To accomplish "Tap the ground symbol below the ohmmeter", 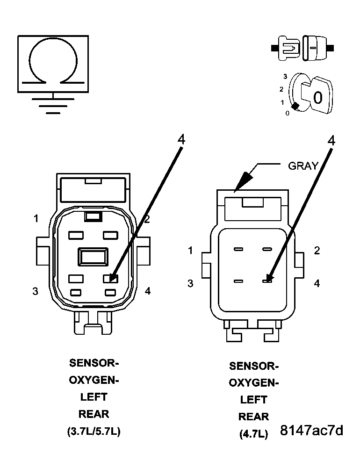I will coord(53,105).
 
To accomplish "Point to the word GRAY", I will coord(303,166).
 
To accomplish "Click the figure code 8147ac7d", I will coord(311,430).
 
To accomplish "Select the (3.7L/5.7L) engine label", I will coord(94,432).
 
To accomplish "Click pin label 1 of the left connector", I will coord(36,218).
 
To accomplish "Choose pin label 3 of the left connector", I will coord(36,291).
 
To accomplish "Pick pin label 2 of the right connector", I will coord(317,251).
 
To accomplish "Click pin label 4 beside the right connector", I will coord(317,283).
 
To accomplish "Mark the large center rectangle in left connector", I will coord(93,257).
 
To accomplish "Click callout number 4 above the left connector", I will coord(181,139).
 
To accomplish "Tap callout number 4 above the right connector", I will coord(331,140).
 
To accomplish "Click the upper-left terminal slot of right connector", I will coord(238,250).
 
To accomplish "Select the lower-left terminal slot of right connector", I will coord(238,281).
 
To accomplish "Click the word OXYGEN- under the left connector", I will coord(94,380).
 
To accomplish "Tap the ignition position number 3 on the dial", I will coord(284,76).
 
